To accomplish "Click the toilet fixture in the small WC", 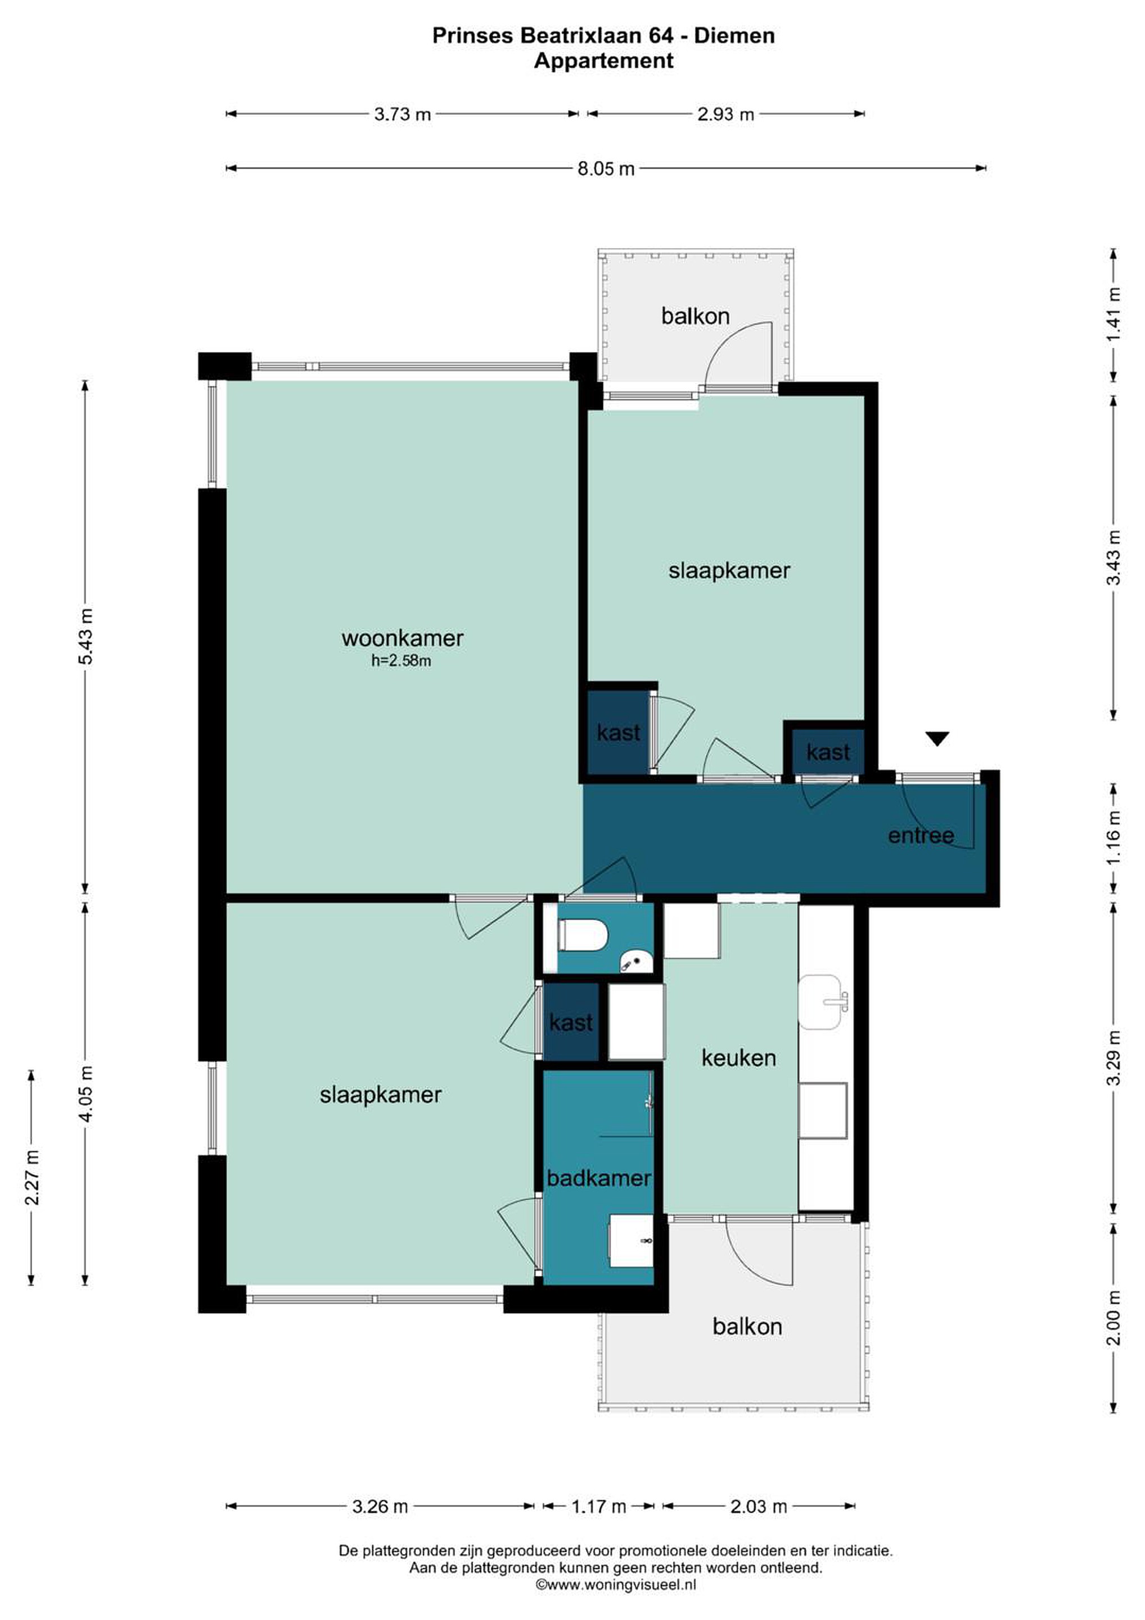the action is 583,935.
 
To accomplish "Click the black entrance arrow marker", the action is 937,739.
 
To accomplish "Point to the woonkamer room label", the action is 402,638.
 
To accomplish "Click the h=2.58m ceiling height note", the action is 401,661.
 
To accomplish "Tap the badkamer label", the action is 599,1178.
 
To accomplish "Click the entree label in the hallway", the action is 921,835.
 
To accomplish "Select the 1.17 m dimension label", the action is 599,1506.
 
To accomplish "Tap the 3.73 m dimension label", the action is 402,114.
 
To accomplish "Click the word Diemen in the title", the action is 734,35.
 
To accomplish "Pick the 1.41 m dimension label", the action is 1114,314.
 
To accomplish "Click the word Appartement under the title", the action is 603,61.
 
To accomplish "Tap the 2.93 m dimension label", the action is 726,114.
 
